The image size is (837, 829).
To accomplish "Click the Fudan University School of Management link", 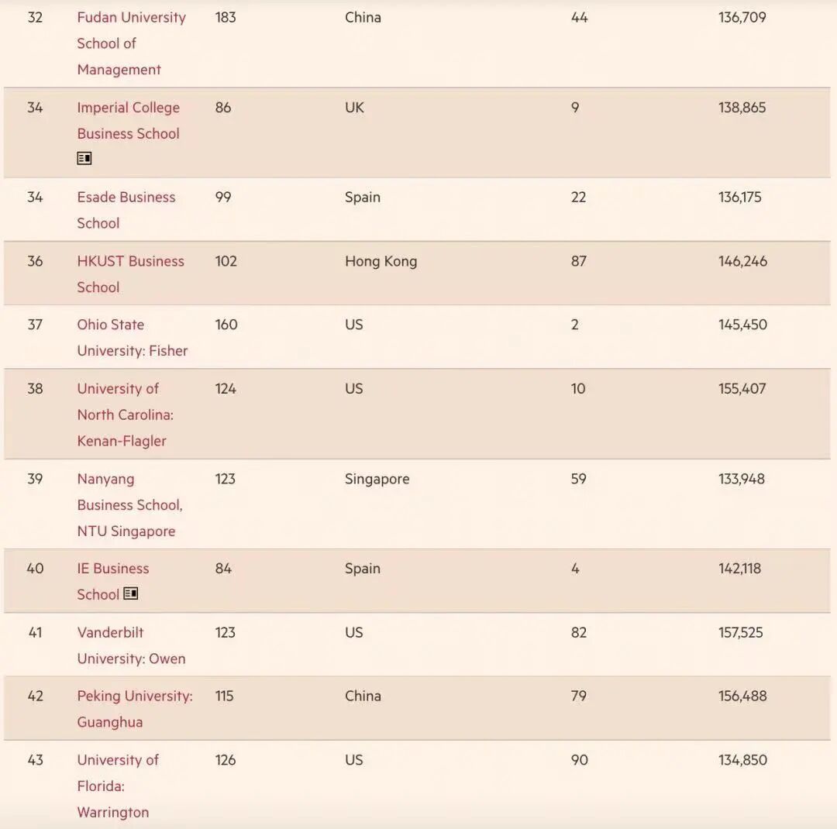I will coord(131,43).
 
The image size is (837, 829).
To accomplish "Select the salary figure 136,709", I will coord(742,17).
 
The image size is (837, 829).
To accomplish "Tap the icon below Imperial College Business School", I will coord(84,158).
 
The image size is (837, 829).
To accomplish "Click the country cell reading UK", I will coord(354,108).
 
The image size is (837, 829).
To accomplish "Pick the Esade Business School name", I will coord(126,210).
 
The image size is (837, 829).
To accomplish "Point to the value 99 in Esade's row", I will coord(223,198).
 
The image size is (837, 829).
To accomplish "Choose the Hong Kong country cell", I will coord(381,261).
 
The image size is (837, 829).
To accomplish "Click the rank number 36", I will coord(35,261).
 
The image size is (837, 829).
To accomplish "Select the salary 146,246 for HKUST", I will coord(742,261).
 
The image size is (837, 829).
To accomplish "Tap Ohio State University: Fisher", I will coord(132,338).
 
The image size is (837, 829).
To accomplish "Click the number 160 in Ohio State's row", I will coord(226,325).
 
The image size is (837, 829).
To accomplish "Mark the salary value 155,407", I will coord(742,389).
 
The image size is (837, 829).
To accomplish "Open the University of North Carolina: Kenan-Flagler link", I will coord(125,414).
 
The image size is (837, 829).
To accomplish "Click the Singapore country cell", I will coord(377,479).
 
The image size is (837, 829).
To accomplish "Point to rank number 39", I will coord(35,479).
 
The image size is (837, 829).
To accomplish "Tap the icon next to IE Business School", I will coord(131,593).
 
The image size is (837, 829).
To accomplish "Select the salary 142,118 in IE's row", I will coord(739,569).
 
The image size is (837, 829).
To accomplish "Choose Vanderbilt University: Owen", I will coord(131,645).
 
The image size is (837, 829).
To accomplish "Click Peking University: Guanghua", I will coord(134,709).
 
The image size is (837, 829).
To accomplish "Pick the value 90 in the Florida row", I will coord(579,760).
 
